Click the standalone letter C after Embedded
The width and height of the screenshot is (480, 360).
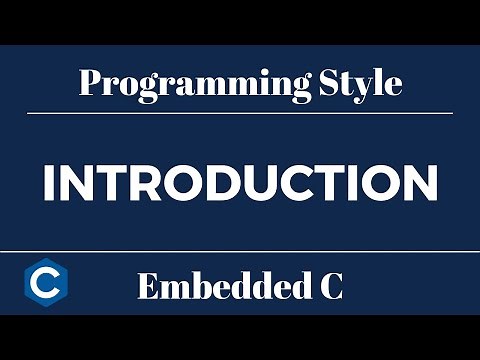click(x=329, y=288)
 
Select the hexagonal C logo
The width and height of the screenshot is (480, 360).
click(x=42, y=286)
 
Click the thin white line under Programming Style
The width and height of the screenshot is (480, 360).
click(x=240, y=113)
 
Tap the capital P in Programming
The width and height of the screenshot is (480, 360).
click(x=89, y=82)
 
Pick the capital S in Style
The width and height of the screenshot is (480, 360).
click(x=327, y=82)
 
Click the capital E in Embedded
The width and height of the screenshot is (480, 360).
click(x=147, y=288)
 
